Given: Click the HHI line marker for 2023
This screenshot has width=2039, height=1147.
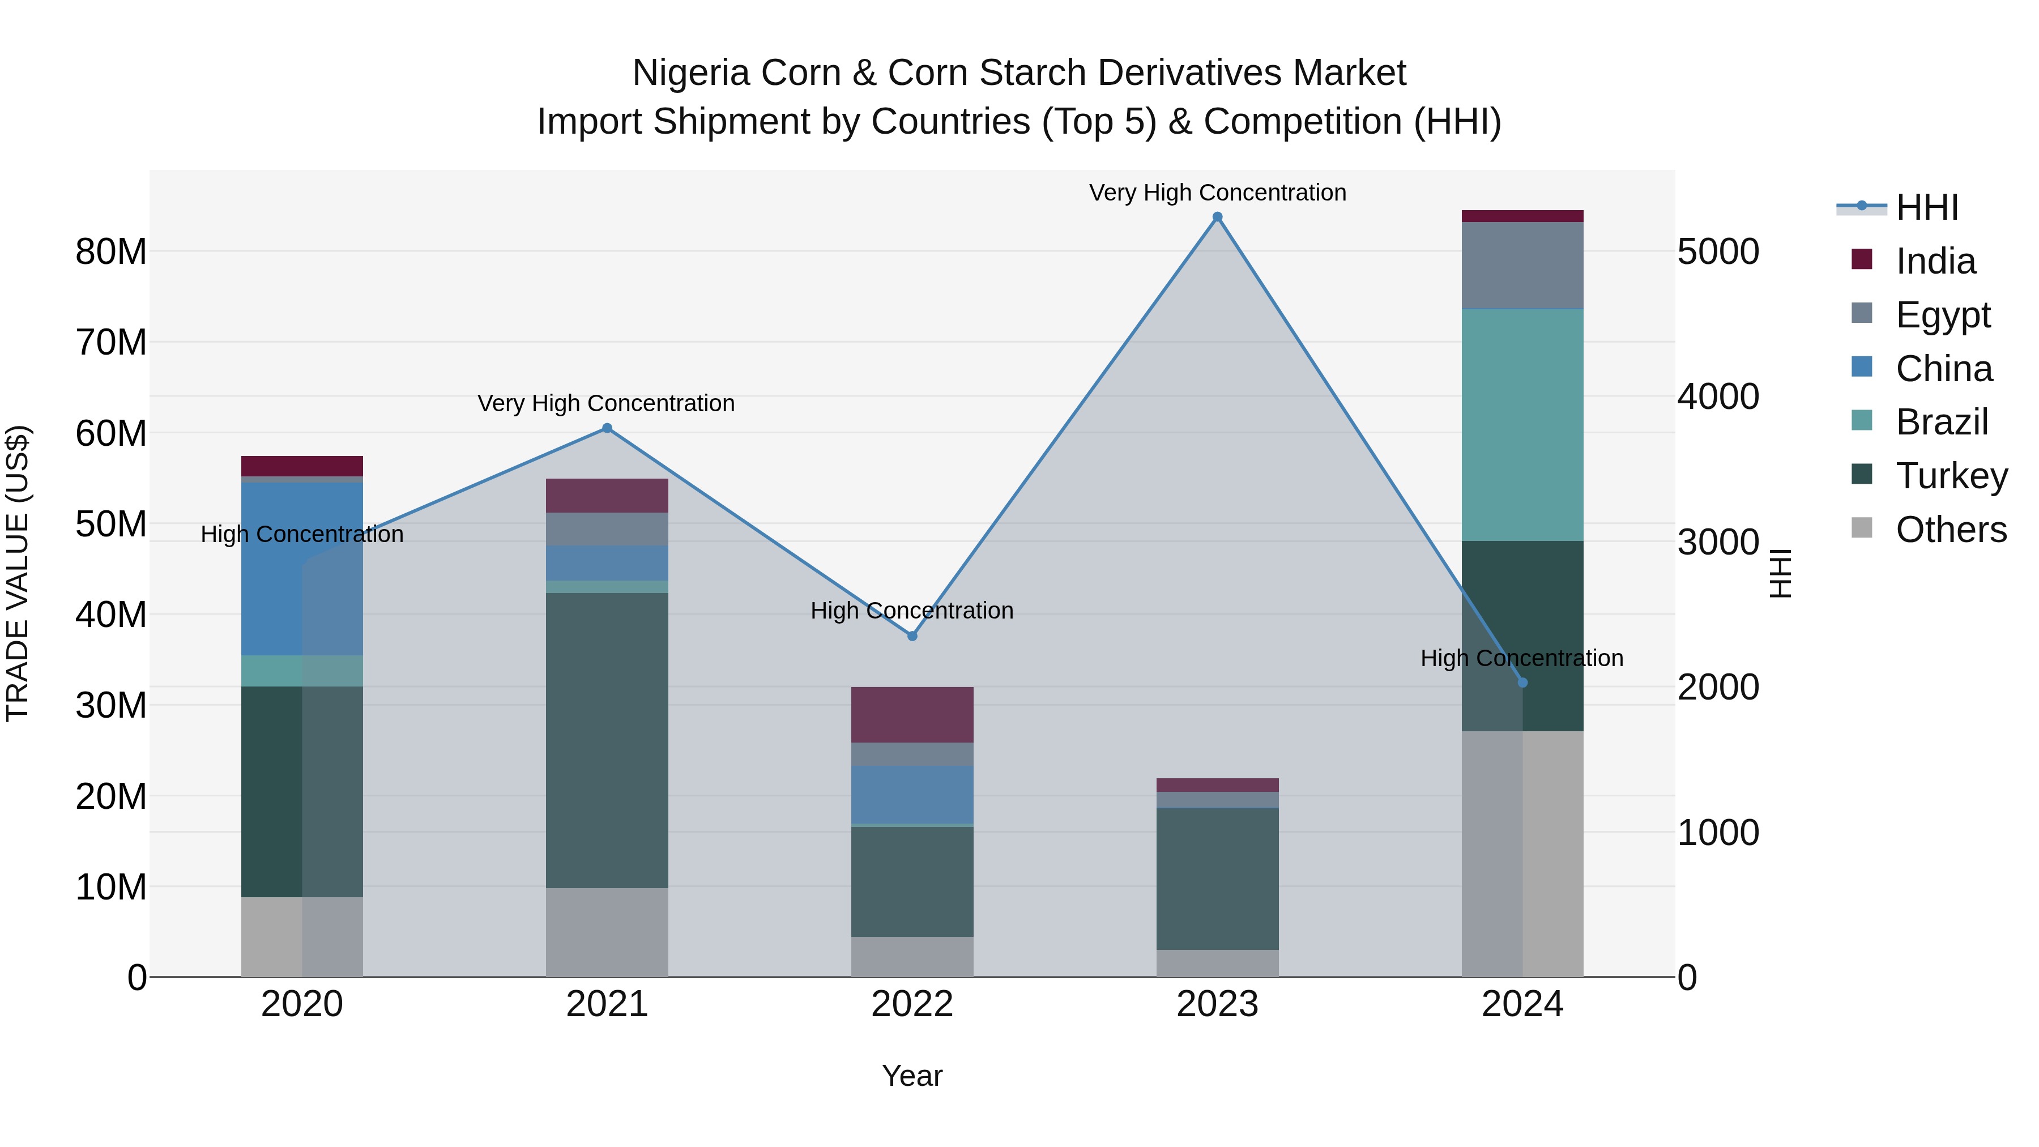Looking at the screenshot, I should tap(1217, 217).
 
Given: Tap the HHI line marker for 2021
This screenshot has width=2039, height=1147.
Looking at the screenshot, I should tap(607, 428).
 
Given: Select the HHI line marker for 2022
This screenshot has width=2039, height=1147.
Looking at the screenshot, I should tap(912, 636).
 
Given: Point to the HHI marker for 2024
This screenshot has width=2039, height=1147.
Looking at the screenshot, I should tap(1522, 683).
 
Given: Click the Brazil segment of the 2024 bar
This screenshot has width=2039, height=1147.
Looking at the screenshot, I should tap(1522, 425).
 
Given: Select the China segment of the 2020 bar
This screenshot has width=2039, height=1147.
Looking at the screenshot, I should tap(301, 568).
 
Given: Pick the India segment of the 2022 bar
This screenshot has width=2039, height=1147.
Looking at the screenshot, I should tap(912, 715).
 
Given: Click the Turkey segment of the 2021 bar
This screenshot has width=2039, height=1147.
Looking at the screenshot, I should tap(607, 740).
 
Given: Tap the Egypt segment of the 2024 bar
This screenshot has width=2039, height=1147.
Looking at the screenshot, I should tap(1522, 265).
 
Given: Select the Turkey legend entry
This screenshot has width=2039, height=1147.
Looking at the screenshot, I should tap(1951, 476).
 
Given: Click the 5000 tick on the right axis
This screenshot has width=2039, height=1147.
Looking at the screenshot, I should tap(1718, 251).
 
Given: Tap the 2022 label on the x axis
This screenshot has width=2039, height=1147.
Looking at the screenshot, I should tap(912, 1004).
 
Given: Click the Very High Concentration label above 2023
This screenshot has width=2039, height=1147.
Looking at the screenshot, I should tap(1217, 193).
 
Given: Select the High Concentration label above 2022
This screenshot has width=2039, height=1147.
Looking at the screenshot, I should tap(912, 610).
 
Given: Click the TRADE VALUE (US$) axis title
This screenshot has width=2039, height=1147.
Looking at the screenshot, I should tap(18, 573).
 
